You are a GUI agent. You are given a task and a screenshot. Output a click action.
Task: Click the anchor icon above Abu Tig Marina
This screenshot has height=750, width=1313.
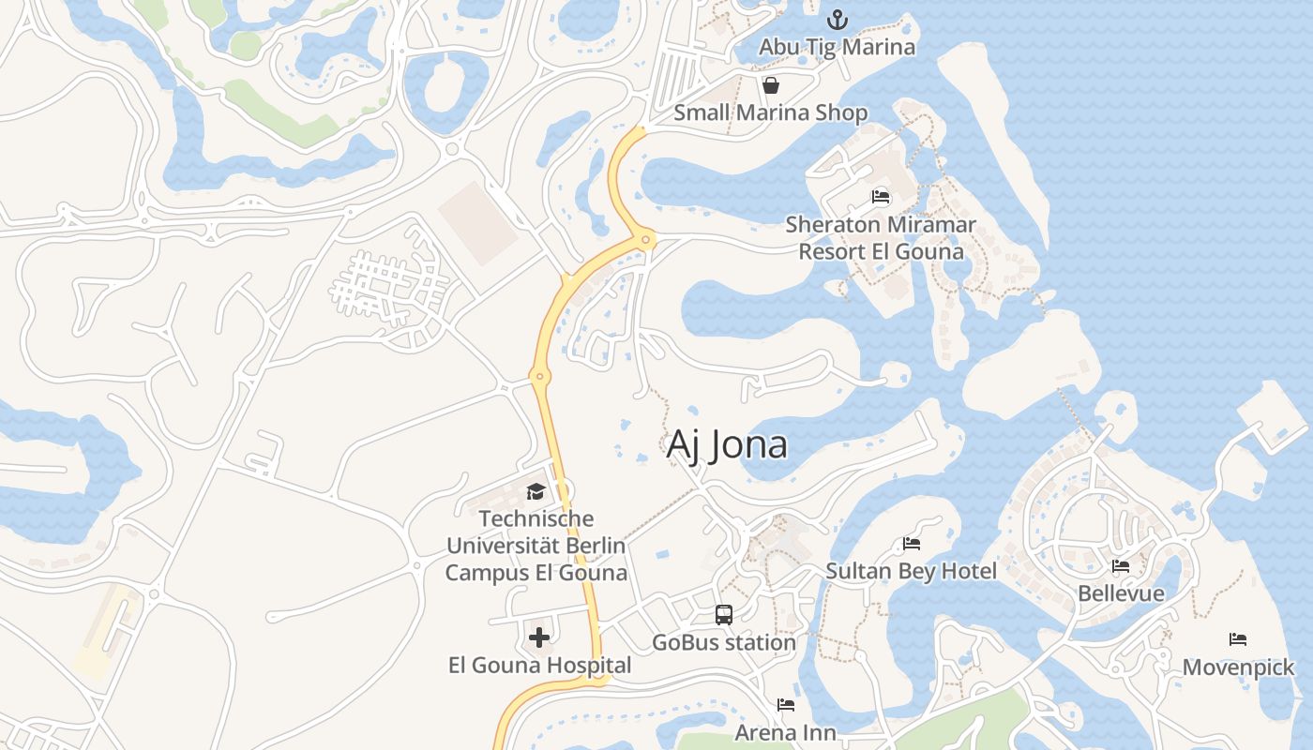click(837, 19)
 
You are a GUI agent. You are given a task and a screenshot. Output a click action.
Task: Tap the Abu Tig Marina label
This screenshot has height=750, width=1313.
click(837, 46)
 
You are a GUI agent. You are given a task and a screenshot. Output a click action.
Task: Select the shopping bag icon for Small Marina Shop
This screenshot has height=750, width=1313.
click(771, 86)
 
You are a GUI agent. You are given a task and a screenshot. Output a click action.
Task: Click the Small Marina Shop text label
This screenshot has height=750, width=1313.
click(771, 113)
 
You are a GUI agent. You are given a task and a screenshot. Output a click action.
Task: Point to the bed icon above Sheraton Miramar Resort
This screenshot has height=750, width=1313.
click(881, 197)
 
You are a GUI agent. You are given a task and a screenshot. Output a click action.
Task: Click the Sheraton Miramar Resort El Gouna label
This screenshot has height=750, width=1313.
click(881, 238)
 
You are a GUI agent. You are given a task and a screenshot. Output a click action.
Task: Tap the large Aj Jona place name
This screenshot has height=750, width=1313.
click(727, 444)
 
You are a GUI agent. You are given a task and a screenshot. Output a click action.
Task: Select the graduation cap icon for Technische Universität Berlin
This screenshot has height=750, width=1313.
click(536, 491)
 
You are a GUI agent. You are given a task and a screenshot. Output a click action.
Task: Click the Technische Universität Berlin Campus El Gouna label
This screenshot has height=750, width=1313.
click(536, 546)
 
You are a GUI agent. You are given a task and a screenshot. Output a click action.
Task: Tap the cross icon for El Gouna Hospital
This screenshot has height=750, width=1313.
click(539, 638)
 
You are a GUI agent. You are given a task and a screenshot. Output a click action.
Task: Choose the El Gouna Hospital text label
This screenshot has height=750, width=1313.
click(539, 666)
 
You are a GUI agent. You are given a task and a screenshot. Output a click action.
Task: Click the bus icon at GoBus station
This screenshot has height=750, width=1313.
click(724, 615)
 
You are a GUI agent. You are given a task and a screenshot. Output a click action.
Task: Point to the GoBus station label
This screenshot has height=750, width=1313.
click(724, 643)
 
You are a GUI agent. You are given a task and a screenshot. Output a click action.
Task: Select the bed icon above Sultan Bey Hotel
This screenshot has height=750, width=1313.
click(912, 544)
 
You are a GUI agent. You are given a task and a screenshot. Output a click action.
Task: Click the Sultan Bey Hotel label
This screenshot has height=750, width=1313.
click(912, 571)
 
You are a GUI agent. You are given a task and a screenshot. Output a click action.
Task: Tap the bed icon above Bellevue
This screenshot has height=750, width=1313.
click(1121, 566)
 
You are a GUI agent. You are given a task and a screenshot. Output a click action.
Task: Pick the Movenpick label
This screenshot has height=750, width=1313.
click(1238, 667)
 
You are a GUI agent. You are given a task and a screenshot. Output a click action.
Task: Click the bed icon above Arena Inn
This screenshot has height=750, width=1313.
click(786, 705)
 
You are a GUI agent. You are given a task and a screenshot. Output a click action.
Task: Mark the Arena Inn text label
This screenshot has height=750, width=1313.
click(786, 732)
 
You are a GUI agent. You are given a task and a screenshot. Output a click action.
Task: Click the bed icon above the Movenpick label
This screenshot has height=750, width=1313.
click(1238, 640)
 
